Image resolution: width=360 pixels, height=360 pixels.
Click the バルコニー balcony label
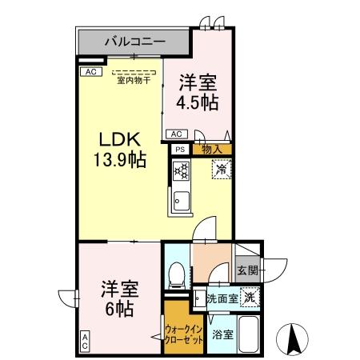(134, 40)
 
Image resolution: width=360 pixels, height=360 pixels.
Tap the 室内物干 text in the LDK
(134, 79)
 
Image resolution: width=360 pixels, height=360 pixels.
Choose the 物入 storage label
(211, 148)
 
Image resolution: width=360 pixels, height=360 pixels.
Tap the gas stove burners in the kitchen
(182, 170)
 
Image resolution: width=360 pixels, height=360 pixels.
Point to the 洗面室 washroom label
(222, 298)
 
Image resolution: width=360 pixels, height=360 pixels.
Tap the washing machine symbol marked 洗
(250, 295)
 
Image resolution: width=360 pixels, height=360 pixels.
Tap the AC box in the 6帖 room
(84, 342)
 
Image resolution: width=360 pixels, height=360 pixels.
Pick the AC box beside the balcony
(89, 70)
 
